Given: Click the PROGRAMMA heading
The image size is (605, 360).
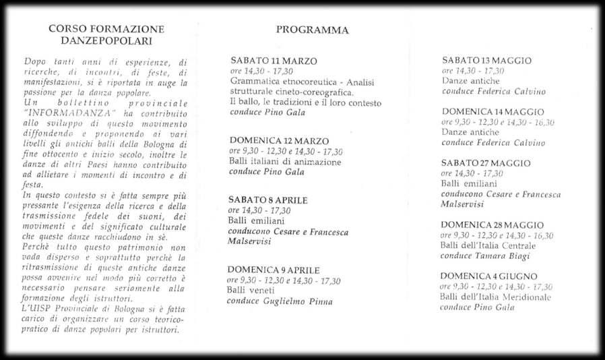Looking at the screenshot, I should (x=312, y=30).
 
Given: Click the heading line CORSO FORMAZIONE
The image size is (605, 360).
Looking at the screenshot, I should (x=106, y=29).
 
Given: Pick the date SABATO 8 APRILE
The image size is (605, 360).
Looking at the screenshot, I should (x=268, y=200).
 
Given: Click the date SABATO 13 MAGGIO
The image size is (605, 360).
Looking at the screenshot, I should (x=486, y=61).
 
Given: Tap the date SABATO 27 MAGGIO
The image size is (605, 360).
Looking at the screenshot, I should (x=486, y=163).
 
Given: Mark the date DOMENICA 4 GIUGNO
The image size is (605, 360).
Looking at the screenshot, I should (x=488, y=276).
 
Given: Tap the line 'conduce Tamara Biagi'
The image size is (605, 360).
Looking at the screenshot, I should (x=479, y=256).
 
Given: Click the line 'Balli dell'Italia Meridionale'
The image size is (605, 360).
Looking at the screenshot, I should (x=495, y=297).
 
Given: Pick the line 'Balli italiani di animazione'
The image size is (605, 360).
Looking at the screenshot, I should (x=285, y=162).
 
